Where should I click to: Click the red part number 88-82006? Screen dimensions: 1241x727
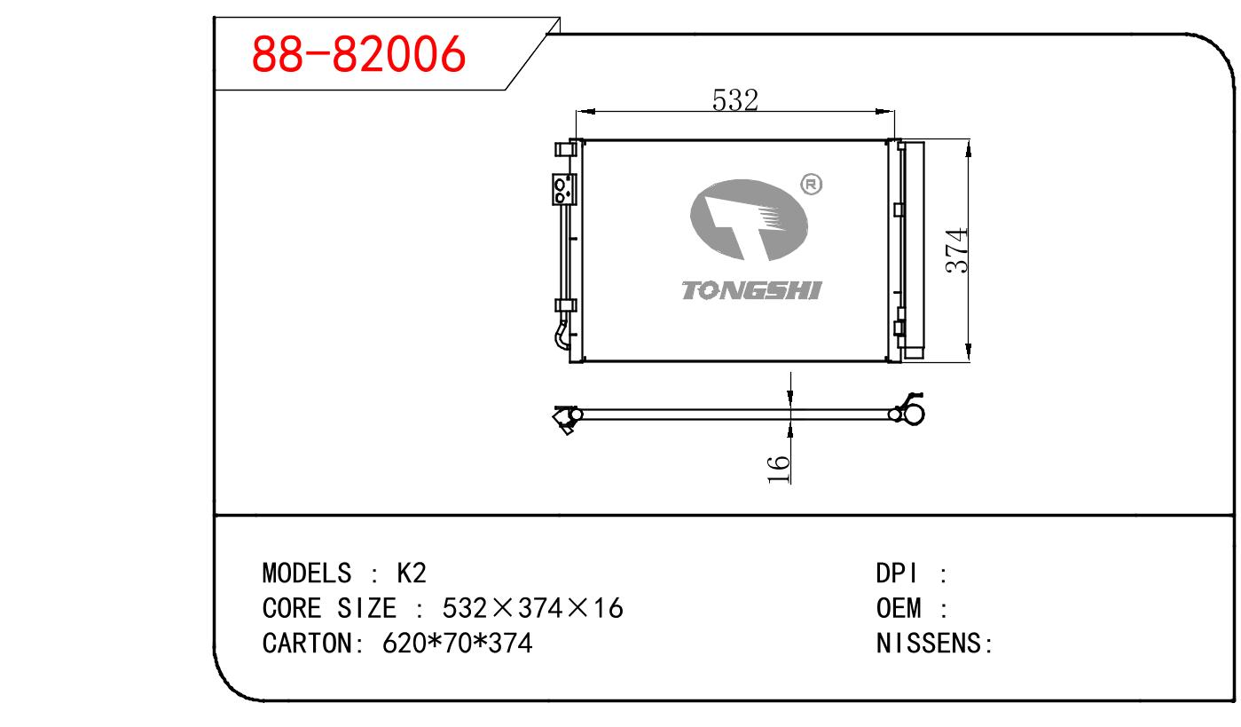click(358, 54)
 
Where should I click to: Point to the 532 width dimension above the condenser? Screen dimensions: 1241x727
click(734, 100)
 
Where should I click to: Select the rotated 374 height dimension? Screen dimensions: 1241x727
click(956, 250)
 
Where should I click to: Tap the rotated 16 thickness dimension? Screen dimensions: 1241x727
click(778, 470)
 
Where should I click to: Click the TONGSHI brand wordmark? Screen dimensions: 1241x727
click(751, 290)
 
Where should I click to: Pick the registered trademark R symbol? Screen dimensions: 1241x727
click(812, 184)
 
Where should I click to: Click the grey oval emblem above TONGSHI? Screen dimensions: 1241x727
click(749, 219)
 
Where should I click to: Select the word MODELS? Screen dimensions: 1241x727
click(306, 573)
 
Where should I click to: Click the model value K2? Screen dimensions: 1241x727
click(412, 573)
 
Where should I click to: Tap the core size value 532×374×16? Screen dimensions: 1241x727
click(532, 608)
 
